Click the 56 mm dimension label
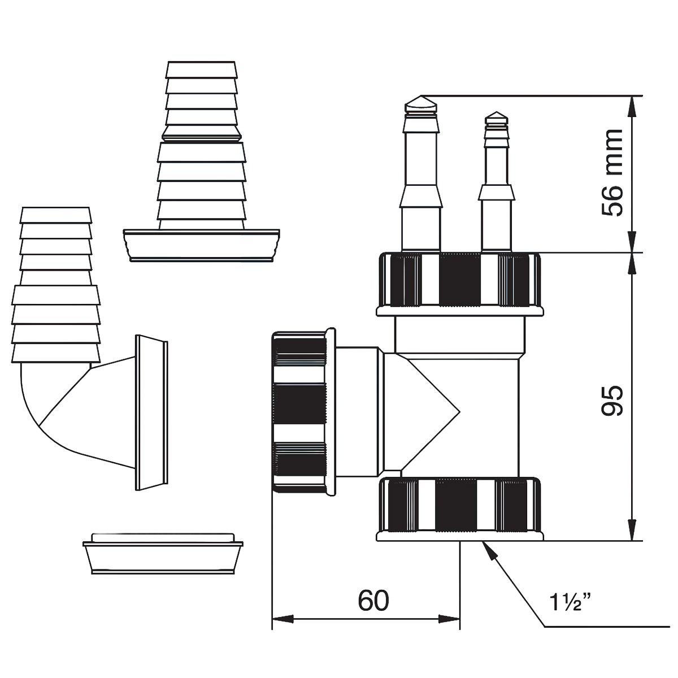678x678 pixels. point(612,172)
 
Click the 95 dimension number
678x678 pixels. point(612,401)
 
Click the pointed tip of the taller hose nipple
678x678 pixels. point(421,96)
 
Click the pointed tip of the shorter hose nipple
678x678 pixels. point(497,112)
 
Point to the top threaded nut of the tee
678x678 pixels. point(460,284)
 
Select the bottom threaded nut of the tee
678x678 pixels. point(460,508)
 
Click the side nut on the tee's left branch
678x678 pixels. point(303,412)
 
